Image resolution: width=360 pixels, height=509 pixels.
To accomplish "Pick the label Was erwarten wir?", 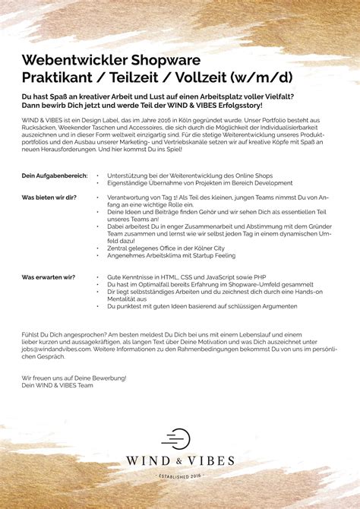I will coord(48,277).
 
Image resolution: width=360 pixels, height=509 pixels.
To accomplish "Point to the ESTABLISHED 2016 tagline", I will coord(181,476).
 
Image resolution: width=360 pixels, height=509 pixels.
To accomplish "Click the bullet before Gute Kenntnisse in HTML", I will coord(99,278).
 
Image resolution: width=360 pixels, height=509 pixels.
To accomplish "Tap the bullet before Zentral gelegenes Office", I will coord(99,248).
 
